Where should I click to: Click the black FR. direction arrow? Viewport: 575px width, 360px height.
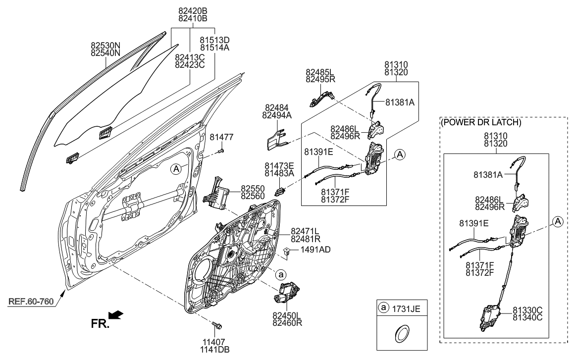pos(115,315)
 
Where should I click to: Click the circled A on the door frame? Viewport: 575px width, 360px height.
pos(175,169)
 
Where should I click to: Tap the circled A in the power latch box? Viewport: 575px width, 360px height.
pos(558,222)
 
